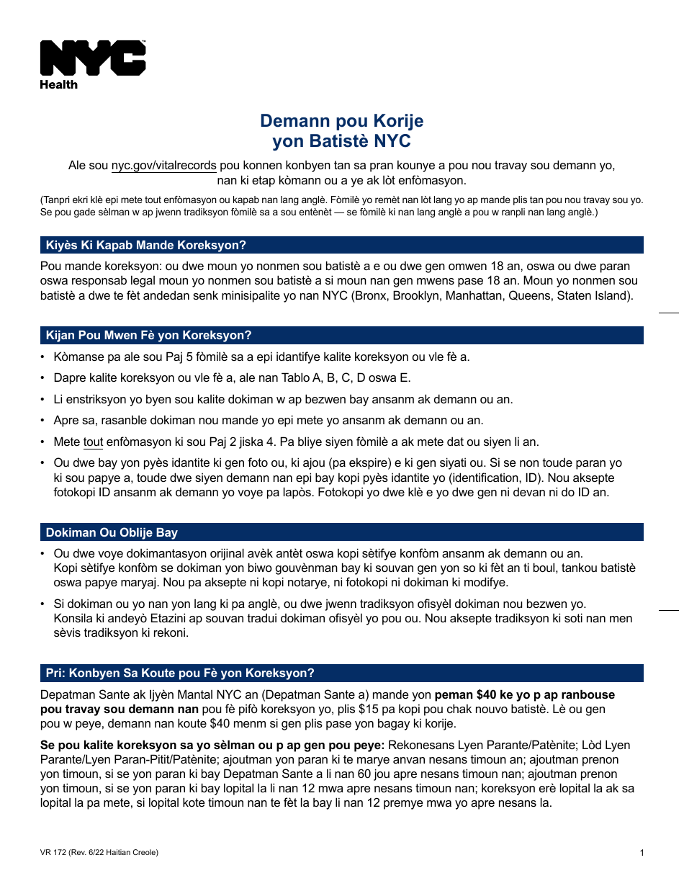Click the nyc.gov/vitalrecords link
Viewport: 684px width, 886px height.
(x=163, y=166)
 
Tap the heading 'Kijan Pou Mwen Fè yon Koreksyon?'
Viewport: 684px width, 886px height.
(x=148, y=335)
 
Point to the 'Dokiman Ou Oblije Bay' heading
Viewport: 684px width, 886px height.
(x=112, y=533)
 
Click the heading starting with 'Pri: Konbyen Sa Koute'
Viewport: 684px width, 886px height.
(x=180, y=674)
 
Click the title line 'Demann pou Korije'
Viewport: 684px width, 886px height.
(x=341, y=121)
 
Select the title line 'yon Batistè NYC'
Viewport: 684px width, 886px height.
(x=341, y=141)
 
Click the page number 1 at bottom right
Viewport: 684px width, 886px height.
(x=641, y=853)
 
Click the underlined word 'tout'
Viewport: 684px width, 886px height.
(x=93, y=442)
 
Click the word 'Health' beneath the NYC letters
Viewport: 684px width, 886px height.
(x=58, y=84)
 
